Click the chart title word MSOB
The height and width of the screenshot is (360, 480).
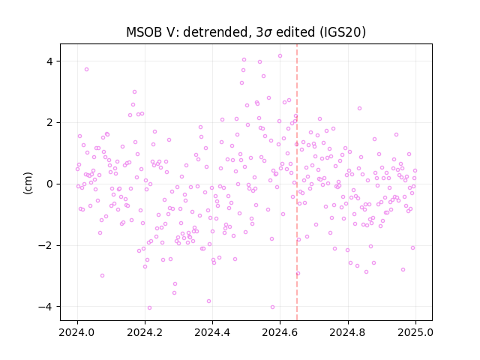click(x=143, y=32)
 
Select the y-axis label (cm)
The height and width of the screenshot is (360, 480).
click(x=28, y=183)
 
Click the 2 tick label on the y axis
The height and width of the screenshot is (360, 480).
click(x=49, y=123)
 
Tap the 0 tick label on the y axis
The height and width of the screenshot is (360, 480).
click(x=49, y=184)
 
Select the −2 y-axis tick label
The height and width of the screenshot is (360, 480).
click(x=45, y=245)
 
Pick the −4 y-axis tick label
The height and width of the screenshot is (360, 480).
click(x=45, y=307)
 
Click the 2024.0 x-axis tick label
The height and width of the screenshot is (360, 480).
click(x=77, y=332)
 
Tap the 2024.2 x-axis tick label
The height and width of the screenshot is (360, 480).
click(x=145, y=332)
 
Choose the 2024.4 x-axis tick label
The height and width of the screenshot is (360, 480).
click(x=212, y=332)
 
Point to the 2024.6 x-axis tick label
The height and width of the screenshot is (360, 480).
click(x=280, y=332)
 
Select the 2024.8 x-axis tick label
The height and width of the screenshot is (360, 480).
click(x=347, y=332)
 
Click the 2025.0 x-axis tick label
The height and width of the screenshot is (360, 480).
click(x=415, y=332)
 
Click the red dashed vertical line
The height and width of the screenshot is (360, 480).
click(x=297, y=182)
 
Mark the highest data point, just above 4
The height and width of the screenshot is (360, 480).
click(x=280, y=56)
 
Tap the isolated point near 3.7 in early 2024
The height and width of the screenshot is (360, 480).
click(x=87, y=70)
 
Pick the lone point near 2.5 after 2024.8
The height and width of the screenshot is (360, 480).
click(x=359, y=108)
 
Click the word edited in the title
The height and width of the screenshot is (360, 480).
click(x=295, y=32)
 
